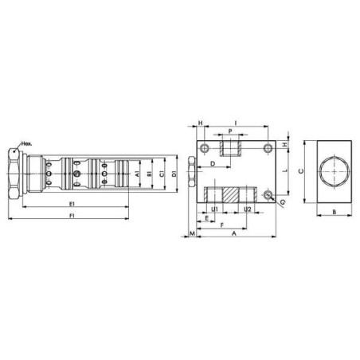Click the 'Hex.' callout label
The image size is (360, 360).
point(26,144)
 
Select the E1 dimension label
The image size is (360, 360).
point(72,204)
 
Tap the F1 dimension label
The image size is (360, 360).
point(72,216)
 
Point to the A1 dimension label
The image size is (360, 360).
point(137,174)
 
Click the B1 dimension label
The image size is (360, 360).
point(150,174)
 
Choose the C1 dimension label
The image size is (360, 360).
point(162,174)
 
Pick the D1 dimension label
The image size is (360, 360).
point(174,174)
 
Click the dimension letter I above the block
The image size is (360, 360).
point(236,123)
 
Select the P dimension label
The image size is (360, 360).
point(230,131)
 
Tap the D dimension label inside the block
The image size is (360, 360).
point(213,164)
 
